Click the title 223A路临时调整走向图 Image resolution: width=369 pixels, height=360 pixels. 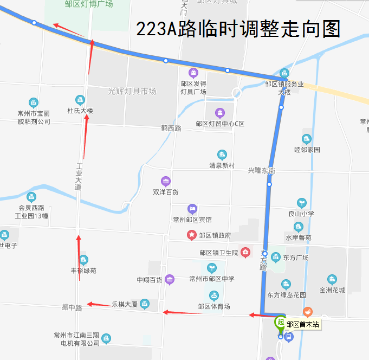pos(238,29)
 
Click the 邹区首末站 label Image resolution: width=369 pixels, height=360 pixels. pos(303,325)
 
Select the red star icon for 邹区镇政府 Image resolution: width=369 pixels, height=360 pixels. pos(191,235)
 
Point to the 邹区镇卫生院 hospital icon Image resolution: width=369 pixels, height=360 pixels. pos(245,252)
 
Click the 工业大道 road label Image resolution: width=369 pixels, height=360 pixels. pos(79,177)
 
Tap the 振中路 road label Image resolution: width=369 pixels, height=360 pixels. pos(72,307)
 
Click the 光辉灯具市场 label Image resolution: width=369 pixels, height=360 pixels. pos(132,91)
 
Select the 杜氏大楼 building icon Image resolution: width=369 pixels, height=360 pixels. pos(80,100)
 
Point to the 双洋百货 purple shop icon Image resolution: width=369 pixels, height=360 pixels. pos(166,181)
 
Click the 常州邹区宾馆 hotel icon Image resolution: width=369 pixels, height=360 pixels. pos(192,209)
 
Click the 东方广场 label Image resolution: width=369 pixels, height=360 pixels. pos(295,258)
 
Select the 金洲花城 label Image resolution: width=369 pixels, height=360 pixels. pos(332,290)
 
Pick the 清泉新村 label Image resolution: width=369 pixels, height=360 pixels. pos(222,165)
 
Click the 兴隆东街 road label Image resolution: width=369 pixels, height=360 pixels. pos(262,171)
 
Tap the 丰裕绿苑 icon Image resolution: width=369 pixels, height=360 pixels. pos(83,260)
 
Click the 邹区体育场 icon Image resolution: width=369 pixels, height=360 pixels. pos(214,295)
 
